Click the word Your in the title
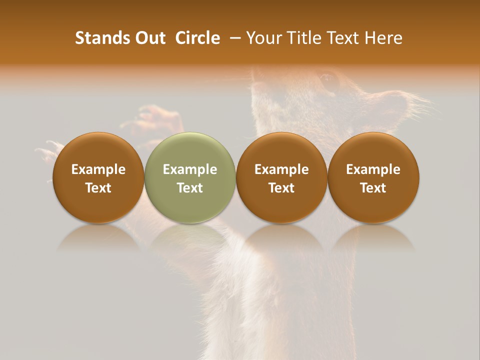264,38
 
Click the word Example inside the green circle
190,169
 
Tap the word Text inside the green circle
190,188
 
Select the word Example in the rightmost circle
373,169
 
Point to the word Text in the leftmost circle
98,188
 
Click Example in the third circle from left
281,169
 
